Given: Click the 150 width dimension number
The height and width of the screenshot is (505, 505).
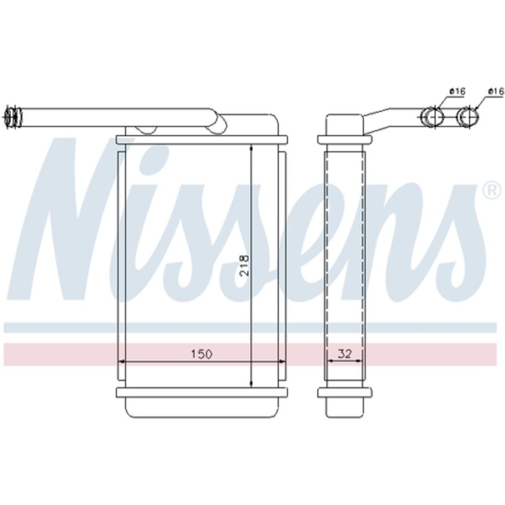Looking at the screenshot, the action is click(x=202, y=354).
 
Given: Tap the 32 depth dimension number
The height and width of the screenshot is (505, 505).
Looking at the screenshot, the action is click(x=344, y=354).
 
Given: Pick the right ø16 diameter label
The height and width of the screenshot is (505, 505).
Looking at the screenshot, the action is click(x=496, y=91).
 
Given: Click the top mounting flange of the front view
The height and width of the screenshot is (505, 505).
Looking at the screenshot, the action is click(x=201, y=140).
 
